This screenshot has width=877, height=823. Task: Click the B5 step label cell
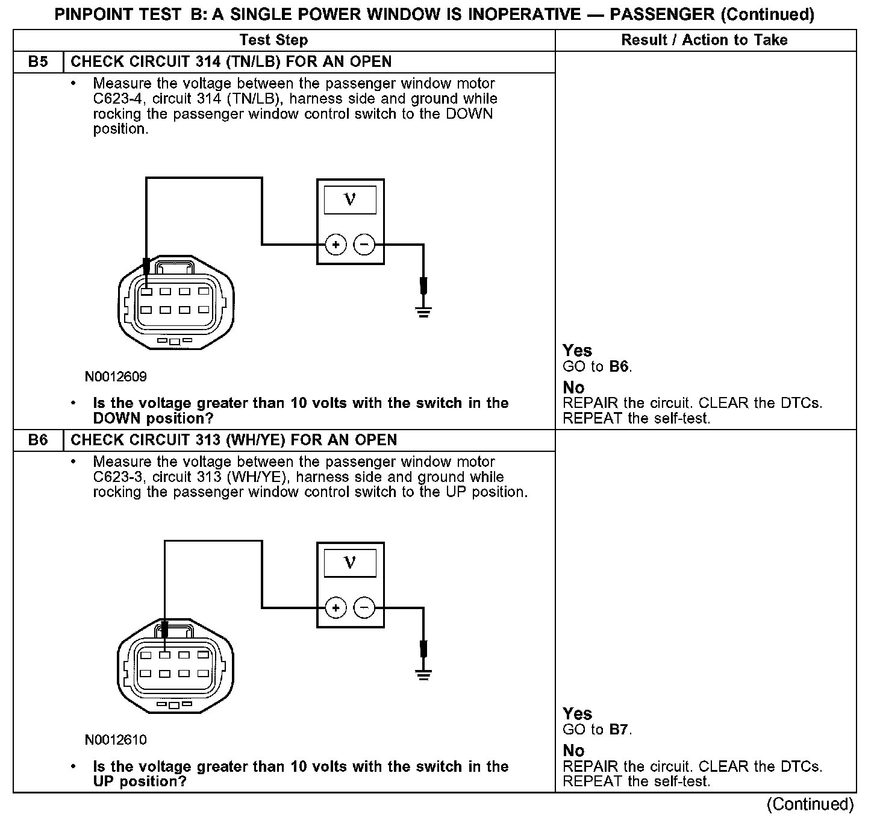pos(38,62)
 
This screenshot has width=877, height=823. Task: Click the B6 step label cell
pos(38,440)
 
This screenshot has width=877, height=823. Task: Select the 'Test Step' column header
pos(273,40)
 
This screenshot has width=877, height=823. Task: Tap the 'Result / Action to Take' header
pos(704,40)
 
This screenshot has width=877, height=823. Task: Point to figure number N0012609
pos(116,377)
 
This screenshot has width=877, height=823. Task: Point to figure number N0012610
pos(116,740)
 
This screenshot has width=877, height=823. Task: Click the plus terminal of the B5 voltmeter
pos(336,245)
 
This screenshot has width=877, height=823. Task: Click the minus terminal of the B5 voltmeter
pos(364,245)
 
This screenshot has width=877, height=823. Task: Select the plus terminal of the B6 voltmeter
pos(336,608)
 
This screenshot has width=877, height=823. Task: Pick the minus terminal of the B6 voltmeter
pos(364,608)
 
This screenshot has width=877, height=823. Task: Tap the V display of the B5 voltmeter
pos(350,200)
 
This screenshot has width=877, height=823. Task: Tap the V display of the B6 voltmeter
pos(350,563)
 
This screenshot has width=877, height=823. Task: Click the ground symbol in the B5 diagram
pos(423,311)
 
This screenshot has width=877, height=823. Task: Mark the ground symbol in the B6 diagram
pos(423,674)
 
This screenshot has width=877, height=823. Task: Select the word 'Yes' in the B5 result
pos(577,351)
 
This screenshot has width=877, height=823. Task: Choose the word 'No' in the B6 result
pos(573,751)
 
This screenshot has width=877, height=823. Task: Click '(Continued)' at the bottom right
pos(810,804)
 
